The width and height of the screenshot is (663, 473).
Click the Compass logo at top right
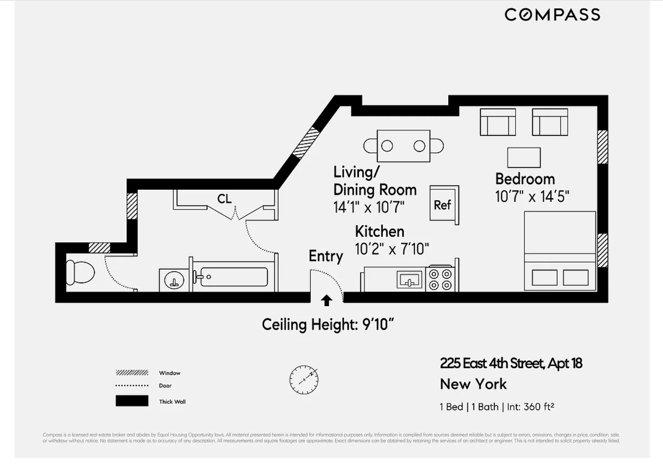coord(552,15)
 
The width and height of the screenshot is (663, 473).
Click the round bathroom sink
coord(174,280)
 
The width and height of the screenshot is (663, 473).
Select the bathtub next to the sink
coord(234,277)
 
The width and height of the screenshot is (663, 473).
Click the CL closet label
coord(224,199)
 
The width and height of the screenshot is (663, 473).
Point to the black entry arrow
coord(326,300)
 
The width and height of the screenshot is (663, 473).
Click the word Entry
coord(325,256)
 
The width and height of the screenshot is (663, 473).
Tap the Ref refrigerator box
coord(443,205)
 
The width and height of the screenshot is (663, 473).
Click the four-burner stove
coord(440,279)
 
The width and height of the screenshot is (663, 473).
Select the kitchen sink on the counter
coord(409,280)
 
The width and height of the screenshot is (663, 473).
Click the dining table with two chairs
coord(403,146)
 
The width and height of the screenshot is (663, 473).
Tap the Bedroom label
coord(525,179)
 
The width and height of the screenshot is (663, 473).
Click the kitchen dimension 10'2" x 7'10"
coord(392,249)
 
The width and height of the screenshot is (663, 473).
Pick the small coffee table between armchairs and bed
coord(523,158)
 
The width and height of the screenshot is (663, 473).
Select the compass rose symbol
coord(304,380)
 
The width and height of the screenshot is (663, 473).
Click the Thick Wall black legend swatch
coord(132,401)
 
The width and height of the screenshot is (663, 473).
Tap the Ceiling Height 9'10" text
coord(327,324)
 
